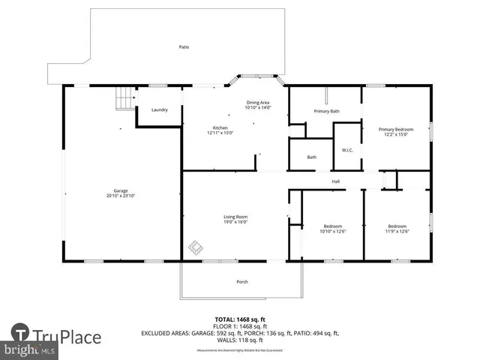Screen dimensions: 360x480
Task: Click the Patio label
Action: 184,47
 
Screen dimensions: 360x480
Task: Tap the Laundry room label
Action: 159,109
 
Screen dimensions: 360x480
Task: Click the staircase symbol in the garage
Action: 124,97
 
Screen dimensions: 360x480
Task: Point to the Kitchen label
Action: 220,128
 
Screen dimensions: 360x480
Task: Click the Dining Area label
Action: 257,102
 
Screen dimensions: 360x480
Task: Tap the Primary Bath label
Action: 326,111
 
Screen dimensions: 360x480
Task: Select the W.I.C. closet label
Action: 347,149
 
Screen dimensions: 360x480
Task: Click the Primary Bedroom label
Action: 397,128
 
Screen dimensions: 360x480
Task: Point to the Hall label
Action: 337,181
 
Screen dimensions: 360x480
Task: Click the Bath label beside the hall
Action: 312,157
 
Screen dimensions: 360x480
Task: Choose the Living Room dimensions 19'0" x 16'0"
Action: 235,222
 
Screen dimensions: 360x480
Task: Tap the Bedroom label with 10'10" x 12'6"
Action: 333,226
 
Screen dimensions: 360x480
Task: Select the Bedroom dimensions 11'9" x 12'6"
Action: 397,231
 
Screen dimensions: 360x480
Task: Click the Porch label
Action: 241,282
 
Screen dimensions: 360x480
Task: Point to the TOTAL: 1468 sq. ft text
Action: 239,319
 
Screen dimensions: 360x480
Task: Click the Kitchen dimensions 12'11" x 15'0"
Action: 220,133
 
